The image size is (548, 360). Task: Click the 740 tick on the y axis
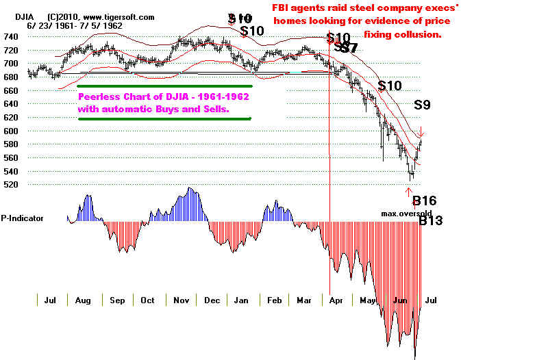click(x=10, y=36)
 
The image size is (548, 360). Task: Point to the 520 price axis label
click(x=10, y=185)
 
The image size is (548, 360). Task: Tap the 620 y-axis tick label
click(x=10, y=117)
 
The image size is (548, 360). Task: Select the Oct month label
click(x=147, y=300)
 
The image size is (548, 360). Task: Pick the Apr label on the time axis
click(x=336, y=300)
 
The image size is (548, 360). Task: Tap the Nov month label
click(x=181, y=300)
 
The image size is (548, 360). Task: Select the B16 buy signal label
click(x=424, y=201)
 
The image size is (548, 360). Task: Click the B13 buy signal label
click(x=431, y=221)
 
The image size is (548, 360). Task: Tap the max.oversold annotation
click(x=407, y=214)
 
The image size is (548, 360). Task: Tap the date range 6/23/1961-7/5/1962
click(x=67, y=25)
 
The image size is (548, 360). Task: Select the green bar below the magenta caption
click(x=164, y=118)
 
